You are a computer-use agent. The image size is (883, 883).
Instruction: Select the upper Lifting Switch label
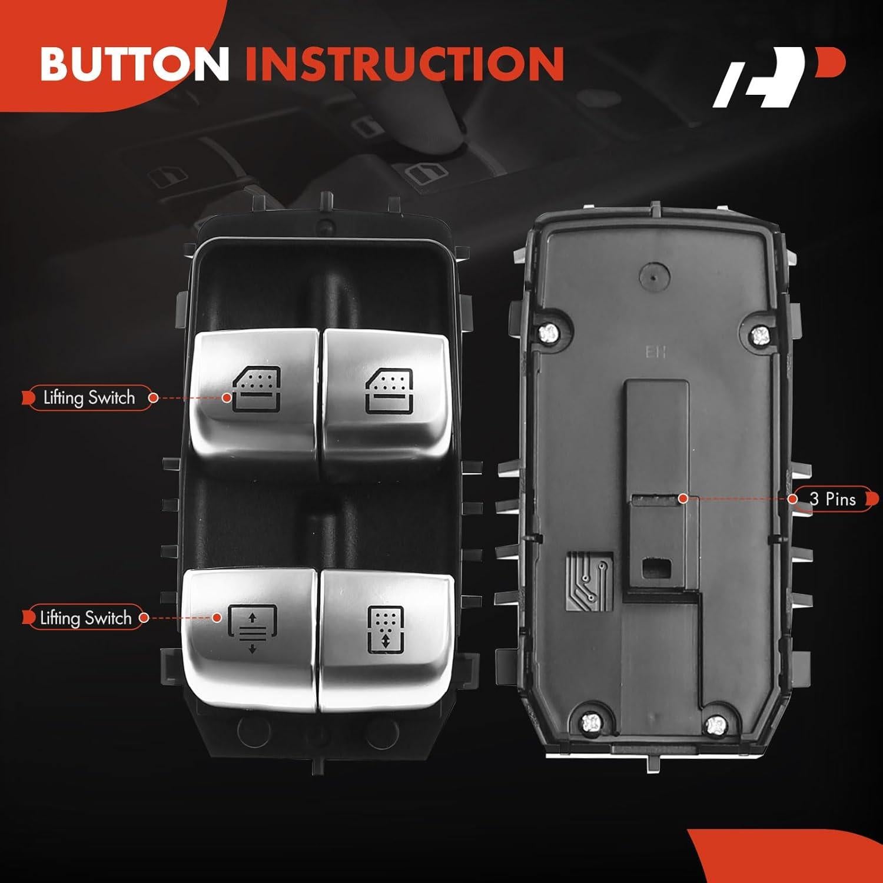(89, 398)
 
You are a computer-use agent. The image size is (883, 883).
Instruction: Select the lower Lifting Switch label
(85, 618)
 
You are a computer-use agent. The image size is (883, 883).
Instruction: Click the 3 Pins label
(832, 499)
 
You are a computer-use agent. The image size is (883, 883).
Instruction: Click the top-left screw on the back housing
(547, 333)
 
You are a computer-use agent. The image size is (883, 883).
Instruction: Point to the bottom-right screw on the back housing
(716, 723)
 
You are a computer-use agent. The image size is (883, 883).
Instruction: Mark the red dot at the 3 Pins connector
(683, 499)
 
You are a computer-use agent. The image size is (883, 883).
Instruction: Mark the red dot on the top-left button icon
(227, 398)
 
